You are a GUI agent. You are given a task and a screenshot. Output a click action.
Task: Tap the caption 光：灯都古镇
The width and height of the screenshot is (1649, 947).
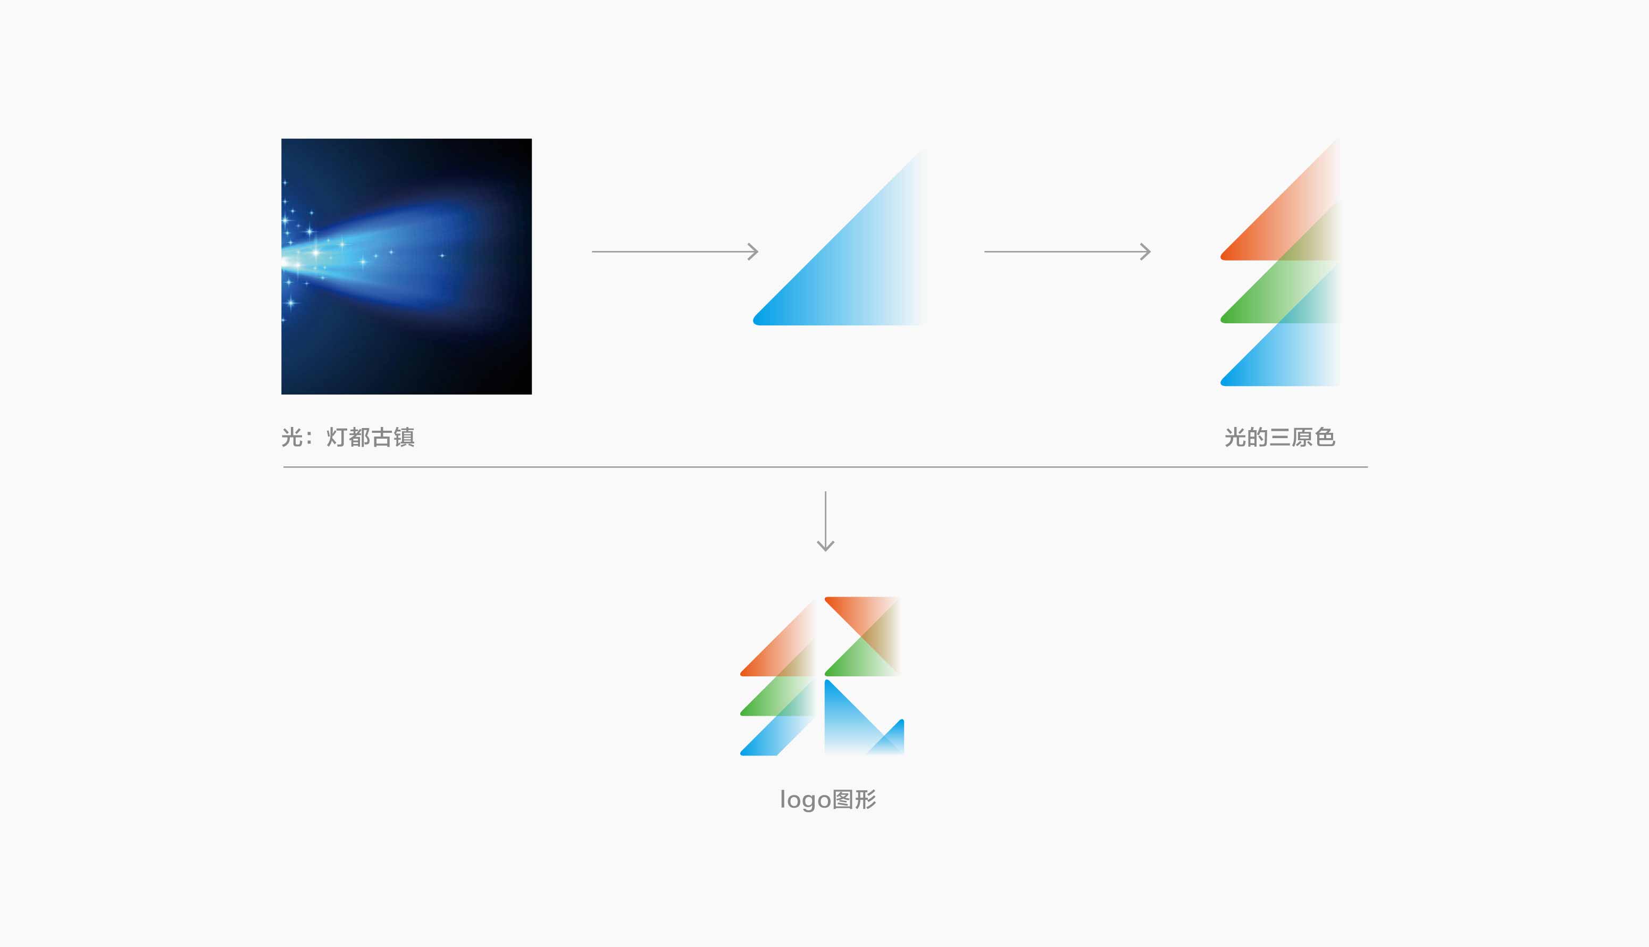point(348,437)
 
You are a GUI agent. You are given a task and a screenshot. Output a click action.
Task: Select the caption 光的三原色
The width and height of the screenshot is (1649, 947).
point(1279,437)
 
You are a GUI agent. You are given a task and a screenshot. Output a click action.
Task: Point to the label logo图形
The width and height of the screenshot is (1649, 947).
point(828,799)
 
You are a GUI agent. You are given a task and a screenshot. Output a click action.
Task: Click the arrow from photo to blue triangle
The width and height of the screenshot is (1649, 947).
point(675,251)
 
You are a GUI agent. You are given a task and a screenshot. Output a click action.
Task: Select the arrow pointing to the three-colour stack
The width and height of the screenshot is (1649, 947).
point(1067,251)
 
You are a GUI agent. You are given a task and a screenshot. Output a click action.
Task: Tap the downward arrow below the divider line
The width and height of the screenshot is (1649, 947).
point(825,522)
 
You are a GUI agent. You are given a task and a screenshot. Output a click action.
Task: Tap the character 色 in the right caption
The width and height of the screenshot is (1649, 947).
point(1325,437)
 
